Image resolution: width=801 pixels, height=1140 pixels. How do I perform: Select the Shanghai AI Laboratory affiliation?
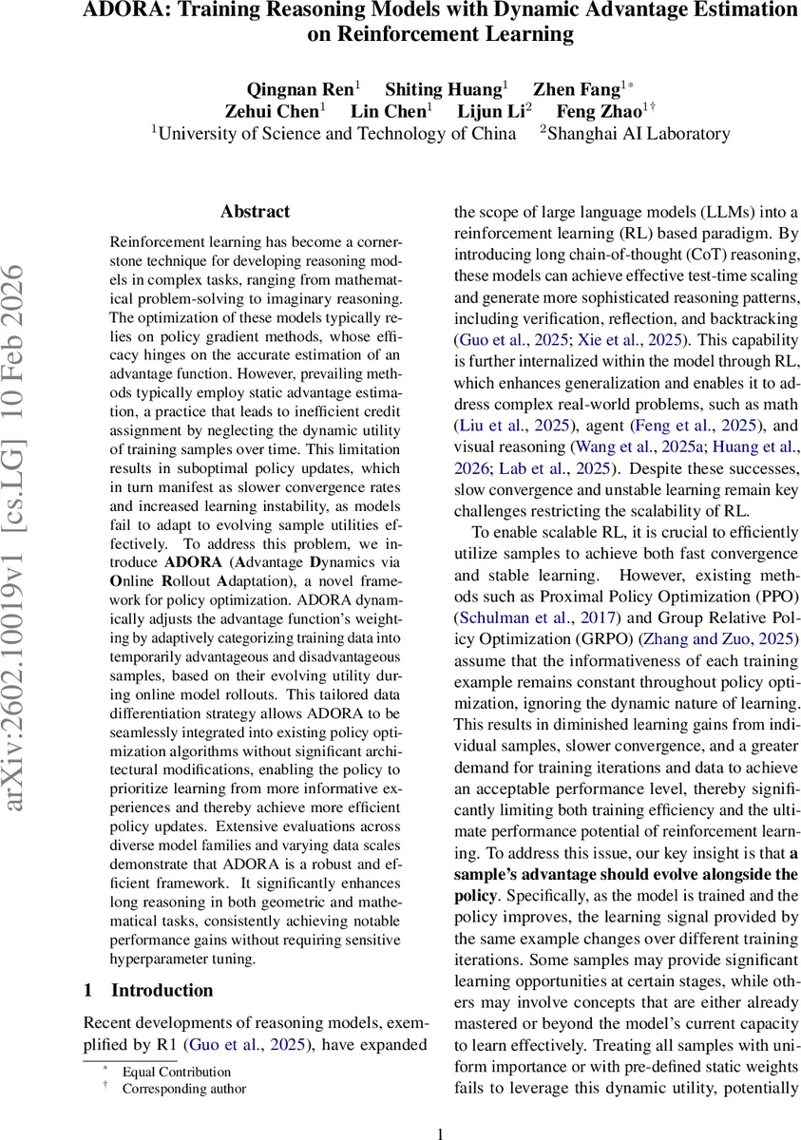click(x=638, y=133)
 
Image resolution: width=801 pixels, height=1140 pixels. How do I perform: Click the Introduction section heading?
click(x=162, y=990)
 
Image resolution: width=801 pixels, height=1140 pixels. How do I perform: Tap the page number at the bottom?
click(x=440, y=1132)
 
